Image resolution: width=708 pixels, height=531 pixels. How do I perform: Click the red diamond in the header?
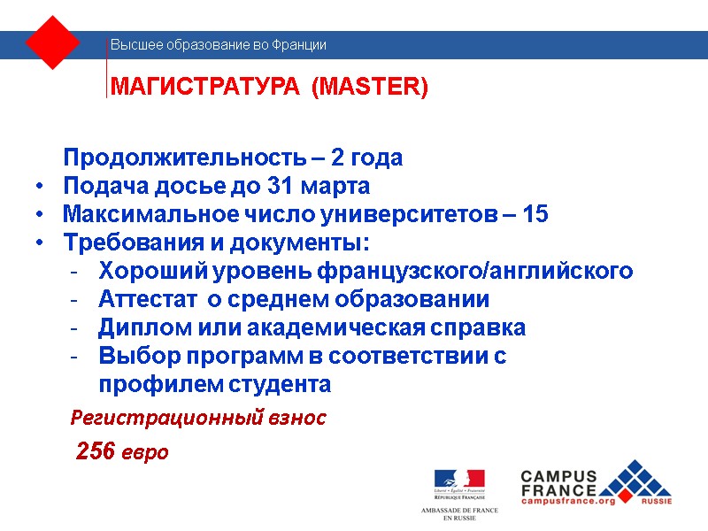tap(53, 42)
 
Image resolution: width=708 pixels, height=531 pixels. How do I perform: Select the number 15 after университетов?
tap(536, 215)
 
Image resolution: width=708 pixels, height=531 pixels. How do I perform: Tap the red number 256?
tap(96, 451)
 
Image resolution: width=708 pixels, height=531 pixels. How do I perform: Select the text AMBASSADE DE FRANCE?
tap(458, 511)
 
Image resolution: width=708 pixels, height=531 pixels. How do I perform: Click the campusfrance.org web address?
tap(568, 501)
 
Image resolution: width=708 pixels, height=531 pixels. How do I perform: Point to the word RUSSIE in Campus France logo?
tap(656, 501)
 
